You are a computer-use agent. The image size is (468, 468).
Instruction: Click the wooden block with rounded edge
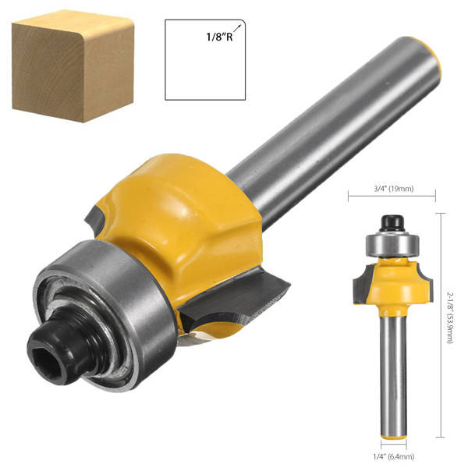point(73,66)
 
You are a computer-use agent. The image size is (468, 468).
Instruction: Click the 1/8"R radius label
point(219,37)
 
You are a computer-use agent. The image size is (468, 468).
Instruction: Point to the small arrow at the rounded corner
point(237,28)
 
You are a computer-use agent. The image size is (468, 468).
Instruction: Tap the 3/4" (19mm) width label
point(393,189)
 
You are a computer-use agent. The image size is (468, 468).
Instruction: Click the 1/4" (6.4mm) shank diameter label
point(394,456)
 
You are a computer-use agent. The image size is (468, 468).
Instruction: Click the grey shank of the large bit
point(331,131)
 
